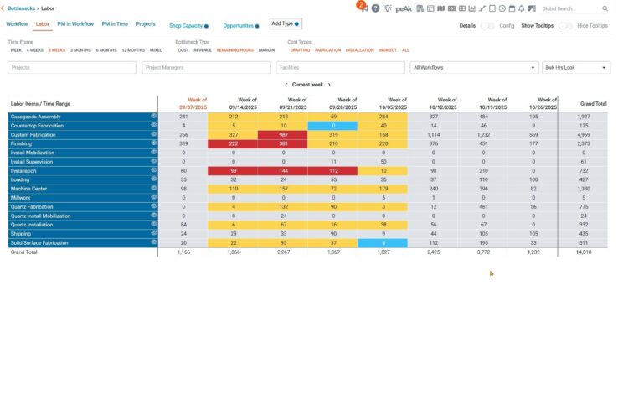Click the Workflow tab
click(x=17, y=25)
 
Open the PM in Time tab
click(x=115, y=25)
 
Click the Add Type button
click(x=284, y=24)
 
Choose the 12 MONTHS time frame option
click(x=132, y=50)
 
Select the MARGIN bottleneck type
click(x=266, y=50)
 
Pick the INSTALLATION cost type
click(x=359, y=50)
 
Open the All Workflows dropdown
click(x=473, y=67)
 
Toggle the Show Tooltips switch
click(x=565, y=26)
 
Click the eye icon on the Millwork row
click(x=154, y=197)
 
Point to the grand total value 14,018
click(x=583, y=251)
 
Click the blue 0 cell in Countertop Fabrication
click(x=332, y=126)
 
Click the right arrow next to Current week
click(x=329, y=85)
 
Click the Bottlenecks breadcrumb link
click(x=24, y=8)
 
